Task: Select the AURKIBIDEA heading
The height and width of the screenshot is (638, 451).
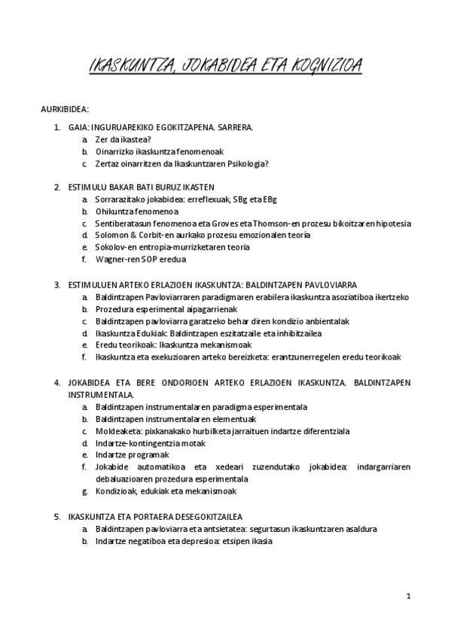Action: point(65,109)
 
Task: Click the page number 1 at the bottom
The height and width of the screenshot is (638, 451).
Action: point(408,596)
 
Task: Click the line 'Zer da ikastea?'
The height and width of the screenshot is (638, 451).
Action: point(123,139)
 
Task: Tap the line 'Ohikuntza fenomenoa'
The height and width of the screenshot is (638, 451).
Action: point(132,211)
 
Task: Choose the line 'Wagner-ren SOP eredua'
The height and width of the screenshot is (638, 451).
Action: point(140,260)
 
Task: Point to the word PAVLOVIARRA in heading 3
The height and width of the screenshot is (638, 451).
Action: point(324,284)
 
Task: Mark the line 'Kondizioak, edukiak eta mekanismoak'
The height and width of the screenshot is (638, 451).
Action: point(166,491)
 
